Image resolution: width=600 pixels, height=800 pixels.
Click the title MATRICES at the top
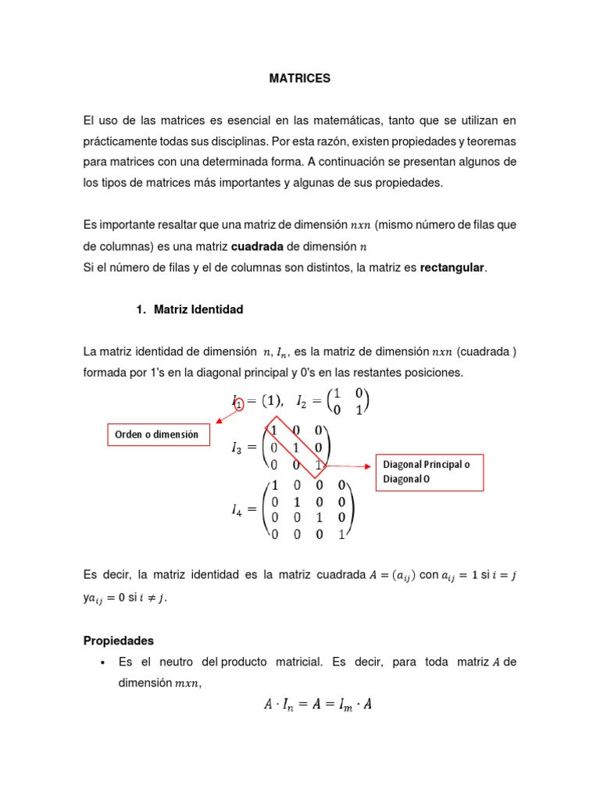[x=300, y=78]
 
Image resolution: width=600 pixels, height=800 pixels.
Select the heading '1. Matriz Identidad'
[x=190, y=309]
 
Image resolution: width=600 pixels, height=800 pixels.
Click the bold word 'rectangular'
[x=452, y=268]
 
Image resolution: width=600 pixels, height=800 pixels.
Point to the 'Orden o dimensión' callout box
[x=157, y=434]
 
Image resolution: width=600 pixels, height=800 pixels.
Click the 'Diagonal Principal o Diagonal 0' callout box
[x=429, y=472]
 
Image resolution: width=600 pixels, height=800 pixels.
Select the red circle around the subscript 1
[x=239, y=404]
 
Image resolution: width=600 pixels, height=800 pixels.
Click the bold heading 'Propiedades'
[x=119, y=641]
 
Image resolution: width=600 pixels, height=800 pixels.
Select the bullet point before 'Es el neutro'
[x=103, y=662]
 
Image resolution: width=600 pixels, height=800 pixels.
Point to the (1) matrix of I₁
[x=271, y=402]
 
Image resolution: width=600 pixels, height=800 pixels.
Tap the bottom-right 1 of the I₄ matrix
[x=341, y=535]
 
